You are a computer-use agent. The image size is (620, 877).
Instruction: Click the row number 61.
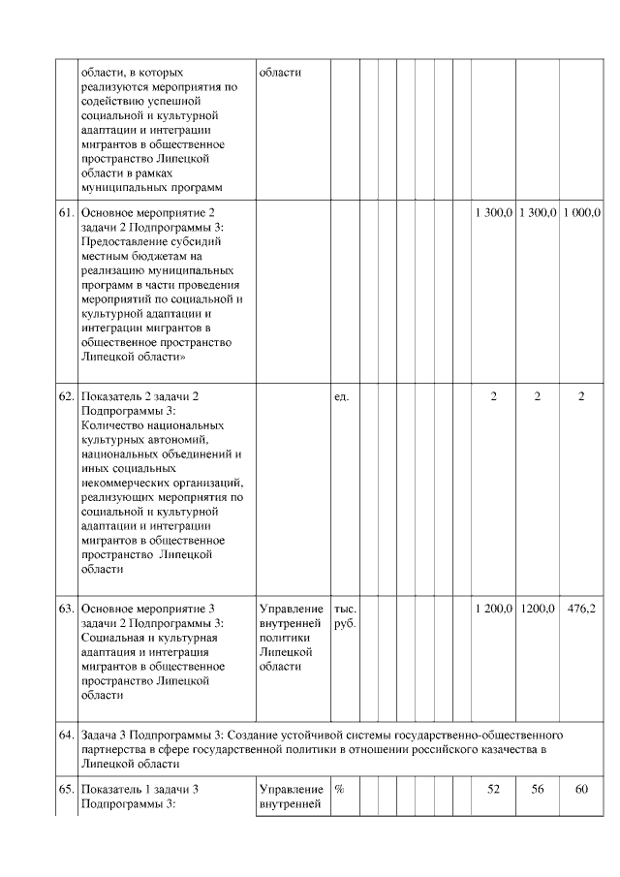(67, 211)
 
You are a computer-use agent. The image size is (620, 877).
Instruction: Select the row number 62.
(67, 397)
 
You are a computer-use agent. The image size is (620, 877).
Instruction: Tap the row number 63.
(67, 609)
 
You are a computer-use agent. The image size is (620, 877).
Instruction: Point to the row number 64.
(67, 723)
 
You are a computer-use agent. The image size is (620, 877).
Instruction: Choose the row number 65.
(67, 789)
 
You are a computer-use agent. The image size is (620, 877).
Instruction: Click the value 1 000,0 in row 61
(581, 211)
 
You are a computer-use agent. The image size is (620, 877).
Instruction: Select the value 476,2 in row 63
(581, 609)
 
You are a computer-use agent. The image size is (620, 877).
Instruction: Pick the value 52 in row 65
(493, 789)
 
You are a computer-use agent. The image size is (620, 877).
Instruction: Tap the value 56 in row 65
(537, 789)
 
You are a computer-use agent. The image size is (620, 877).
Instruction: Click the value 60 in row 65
(581, 789)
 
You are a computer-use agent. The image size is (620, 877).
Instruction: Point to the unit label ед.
(341, 397)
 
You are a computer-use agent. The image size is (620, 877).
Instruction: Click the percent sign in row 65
(340, 789)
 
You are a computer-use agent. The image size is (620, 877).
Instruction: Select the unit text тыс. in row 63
(345, 609)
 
